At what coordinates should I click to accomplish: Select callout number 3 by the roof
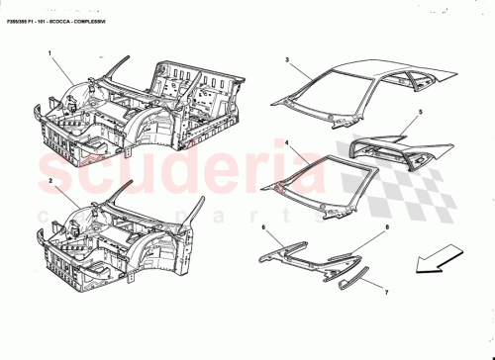click(x=287, y=61)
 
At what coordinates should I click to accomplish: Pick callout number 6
click(x=263, y=228)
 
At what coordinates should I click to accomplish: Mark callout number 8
click(x=386, y=228)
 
